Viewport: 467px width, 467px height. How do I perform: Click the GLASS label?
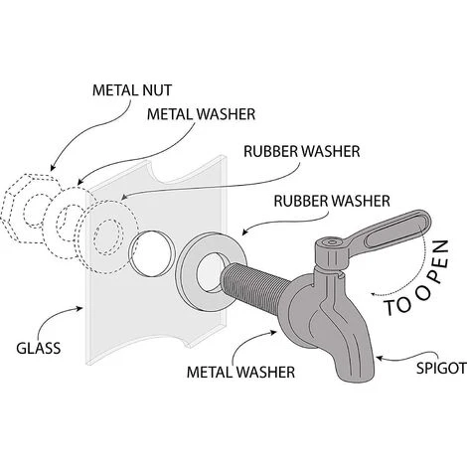click(40, 348)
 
